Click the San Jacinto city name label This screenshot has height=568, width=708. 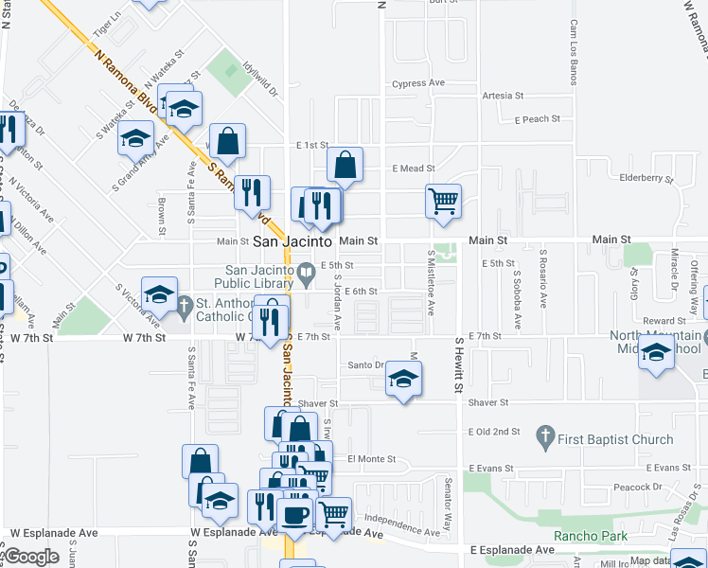click(292, 242)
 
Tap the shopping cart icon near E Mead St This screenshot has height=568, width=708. click(442, 201)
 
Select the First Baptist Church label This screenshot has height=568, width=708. click(616, 439)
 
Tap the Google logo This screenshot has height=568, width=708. click(30, 556)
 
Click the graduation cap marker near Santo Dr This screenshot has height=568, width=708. click(403, 381)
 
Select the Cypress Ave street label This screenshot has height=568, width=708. click(417, 83)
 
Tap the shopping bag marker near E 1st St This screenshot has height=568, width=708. click(345, 165)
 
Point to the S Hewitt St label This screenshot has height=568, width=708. click(458, 364)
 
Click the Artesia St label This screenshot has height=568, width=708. click(503, 96)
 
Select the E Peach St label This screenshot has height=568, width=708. click(538, 119)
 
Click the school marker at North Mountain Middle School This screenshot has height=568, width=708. click(656, 353)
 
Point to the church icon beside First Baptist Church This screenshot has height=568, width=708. click(544, 438)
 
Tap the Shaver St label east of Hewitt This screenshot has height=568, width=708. click(490, 402)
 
